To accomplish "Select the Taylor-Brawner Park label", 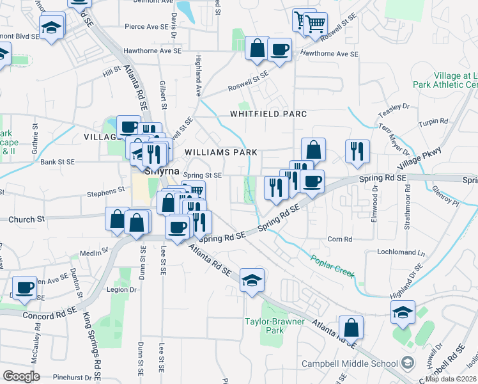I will [x=274, y=326].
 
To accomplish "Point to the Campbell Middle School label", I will [x=350, y=364].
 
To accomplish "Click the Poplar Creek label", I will [x=332, y=266].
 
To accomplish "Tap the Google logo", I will [x=21, y=376].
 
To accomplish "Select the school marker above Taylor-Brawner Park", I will [x=252, y=280].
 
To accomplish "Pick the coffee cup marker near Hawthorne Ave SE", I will [x=279, y=49].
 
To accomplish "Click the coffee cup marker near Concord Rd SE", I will [x=25, y=287].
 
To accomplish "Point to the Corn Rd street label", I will [x=339, y=239].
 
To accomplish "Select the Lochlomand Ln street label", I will [x=401, y=253].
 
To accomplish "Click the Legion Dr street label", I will [x=123, y=289].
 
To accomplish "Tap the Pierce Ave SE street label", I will [x=144, y=28].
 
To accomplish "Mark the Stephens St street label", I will [x=106, y=191].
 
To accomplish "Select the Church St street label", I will [x=27, y=219].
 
